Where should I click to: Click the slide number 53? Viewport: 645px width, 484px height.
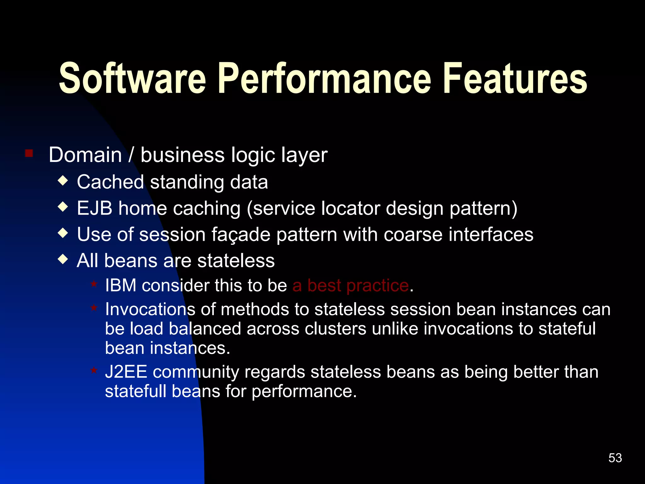[615, 458]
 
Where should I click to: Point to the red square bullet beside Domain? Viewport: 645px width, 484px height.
[29, 153]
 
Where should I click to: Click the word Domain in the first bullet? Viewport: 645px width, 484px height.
[85, 155]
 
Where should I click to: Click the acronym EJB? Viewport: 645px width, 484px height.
[94, 208]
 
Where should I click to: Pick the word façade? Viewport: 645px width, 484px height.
[241, 235]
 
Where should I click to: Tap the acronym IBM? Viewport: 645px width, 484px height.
[121, 285]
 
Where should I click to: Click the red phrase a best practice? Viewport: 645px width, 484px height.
[350, 285]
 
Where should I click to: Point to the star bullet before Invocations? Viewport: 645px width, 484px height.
[94, 308]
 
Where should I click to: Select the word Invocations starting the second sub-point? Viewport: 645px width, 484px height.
[150, 309]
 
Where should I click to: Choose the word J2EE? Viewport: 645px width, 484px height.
[126, 372]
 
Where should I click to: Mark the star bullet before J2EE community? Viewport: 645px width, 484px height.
[94, 370]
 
